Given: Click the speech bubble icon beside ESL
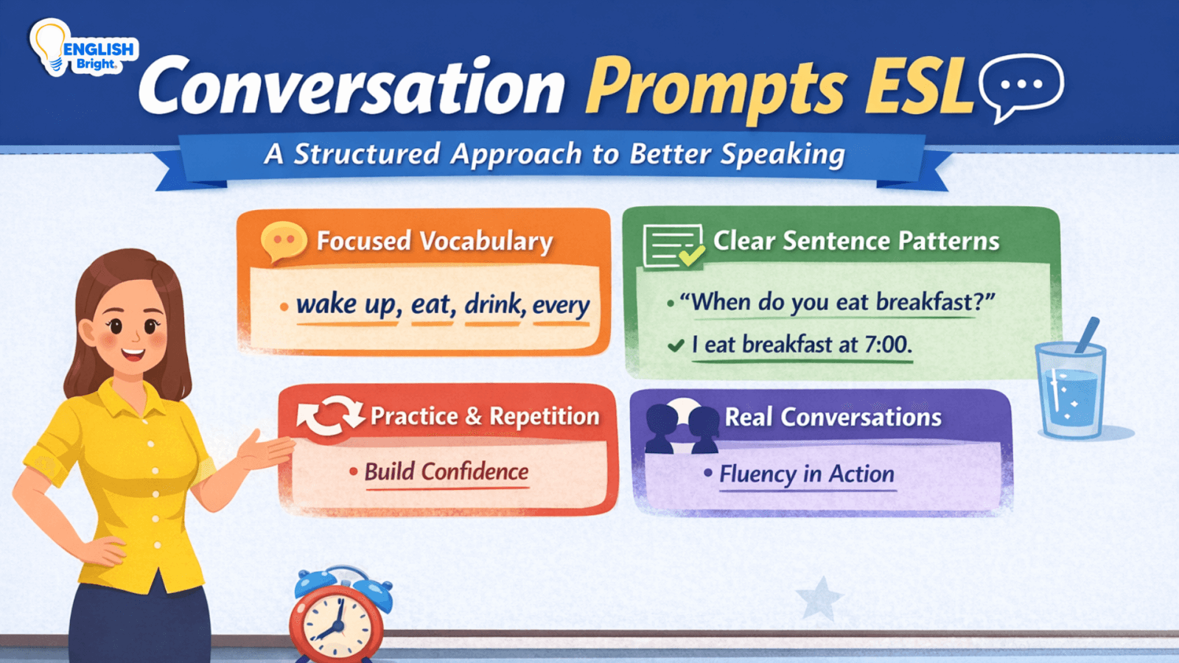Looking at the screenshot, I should [1021, 85].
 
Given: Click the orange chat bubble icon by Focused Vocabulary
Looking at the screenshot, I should [284, 241].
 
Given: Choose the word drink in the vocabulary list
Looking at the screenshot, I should [493, 304].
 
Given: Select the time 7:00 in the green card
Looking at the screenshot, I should [888, 344].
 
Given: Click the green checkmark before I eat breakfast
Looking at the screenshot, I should [676, 345].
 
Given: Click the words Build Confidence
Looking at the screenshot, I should [447, 471].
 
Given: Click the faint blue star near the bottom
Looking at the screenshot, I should [819, 598].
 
